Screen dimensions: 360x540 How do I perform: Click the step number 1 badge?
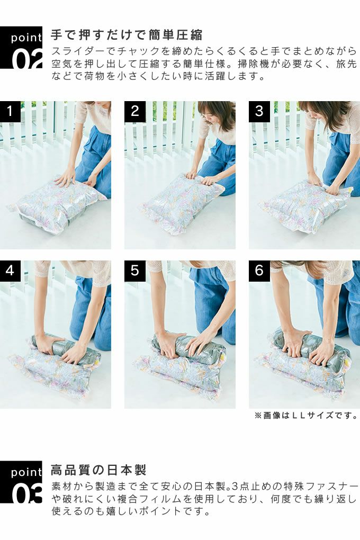(x=11, y=112)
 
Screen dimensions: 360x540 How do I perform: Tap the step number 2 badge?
(x=135, y=112)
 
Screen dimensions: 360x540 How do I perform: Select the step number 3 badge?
(x=259, y=112)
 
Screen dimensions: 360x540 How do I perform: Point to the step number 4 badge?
(x=11, y=271)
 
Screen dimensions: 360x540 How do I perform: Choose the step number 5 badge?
(x=135, y=271)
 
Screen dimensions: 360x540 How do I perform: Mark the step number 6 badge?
(x=259, y=271)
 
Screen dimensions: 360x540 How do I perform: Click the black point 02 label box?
(x=21, y=48)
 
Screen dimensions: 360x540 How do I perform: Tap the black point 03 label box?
(x=21, y=482)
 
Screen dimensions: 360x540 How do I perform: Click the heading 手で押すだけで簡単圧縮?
(x=127, y=35)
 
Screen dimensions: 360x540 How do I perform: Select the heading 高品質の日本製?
(x=98, y=470)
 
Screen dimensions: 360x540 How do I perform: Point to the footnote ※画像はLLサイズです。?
(x=306, y=416)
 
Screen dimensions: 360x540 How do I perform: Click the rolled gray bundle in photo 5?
(x=186, y=347)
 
